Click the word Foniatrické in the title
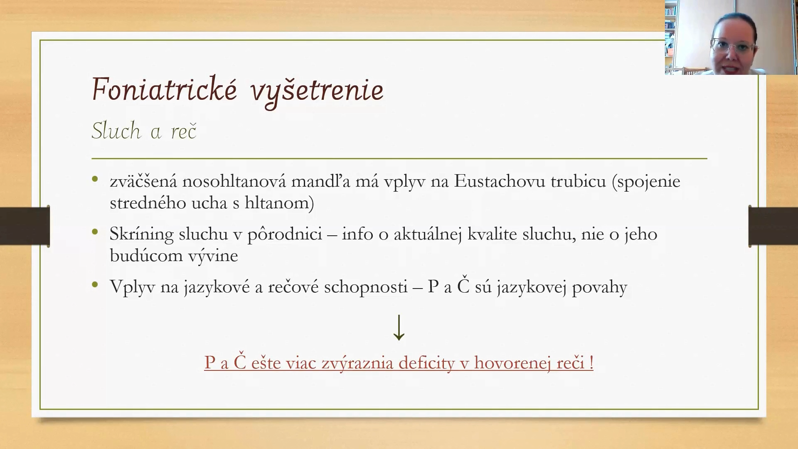[x=165, y=89]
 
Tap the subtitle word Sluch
[x=116, y=131]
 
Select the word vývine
[x=213, y=256]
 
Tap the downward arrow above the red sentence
[x=399, y=328]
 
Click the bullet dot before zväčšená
[x=95, y=180]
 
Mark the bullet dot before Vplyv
[x=95, y=285]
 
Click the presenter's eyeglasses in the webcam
[x=733, y=47]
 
